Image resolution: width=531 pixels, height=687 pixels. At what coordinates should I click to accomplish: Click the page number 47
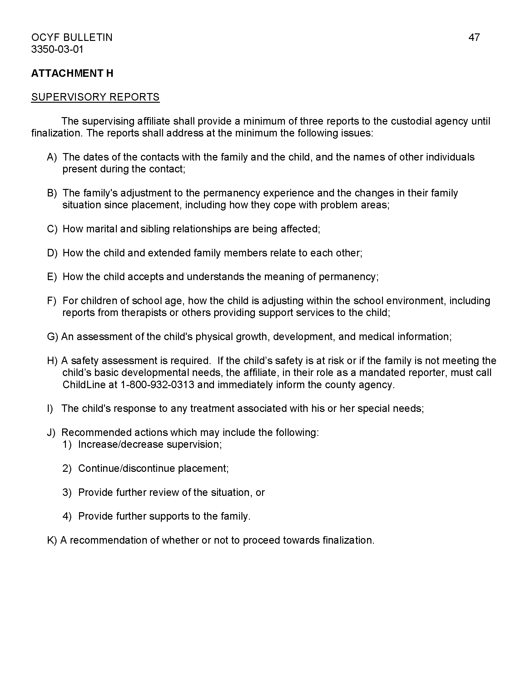click(x=474, y=37)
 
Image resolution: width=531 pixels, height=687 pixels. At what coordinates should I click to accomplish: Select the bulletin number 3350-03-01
click(x=57, y=49)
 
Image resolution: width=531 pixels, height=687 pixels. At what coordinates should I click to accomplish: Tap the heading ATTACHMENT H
click(x=72, y=73)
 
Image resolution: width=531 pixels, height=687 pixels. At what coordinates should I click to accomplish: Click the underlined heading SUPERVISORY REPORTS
click(x=95, y=97)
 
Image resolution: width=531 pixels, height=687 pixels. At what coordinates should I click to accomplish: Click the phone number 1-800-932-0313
click(x=157, y=385)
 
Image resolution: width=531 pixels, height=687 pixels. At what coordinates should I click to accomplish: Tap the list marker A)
click(x=52, y=157)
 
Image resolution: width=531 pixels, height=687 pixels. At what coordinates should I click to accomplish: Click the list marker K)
click(x=52, y=540)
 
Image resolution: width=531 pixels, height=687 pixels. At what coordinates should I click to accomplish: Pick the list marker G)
click(x=52, y=337)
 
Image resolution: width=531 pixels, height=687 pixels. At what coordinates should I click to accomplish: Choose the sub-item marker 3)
click(x=67, y=492)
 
